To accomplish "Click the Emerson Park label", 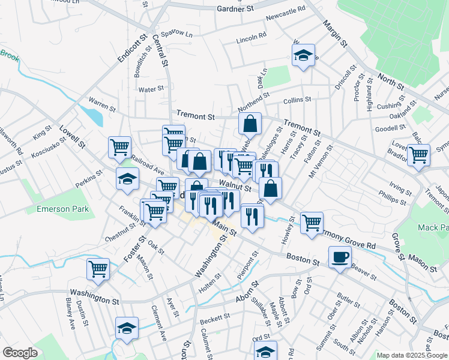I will (x=62, y=209).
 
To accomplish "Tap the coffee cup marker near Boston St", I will (x=340, y=257).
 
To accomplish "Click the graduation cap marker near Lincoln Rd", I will (x=304, y=56).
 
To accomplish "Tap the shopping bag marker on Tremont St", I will (x=250, y=124).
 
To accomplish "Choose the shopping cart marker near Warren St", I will (x=119, y=146).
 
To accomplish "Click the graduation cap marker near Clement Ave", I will (x=127, y=328).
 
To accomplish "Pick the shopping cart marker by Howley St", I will (x=312, y=223).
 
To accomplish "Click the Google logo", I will (x=20, y=353).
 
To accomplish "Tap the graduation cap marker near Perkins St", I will (x=127, y=179).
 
